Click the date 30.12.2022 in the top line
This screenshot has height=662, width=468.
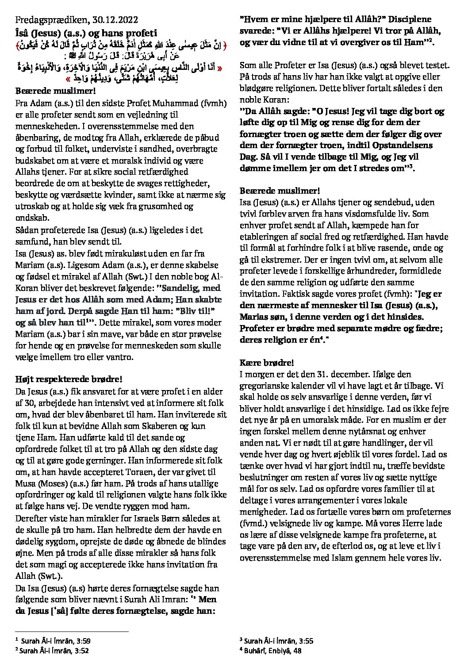click(x=115, y=20)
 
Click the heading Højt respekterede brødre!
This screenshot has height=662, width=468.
click(x=68, y=379)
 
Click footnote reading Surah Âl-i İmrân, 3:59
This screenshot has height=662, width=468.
click(x=56, y=640)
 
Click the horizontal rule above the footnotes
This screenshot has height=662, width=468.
click(x=71, y=632)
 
